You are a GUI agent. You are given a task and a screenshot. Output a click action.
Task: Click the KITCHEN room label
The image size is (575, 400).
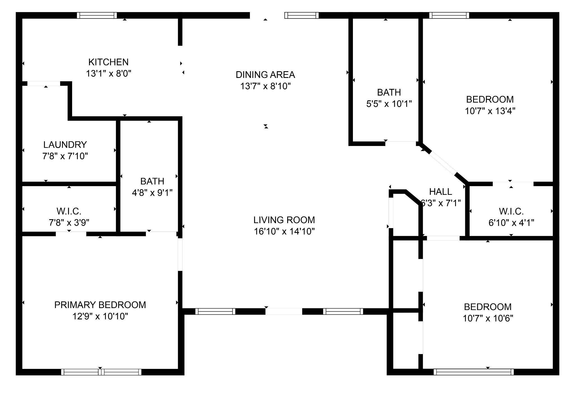(x=108, y=62)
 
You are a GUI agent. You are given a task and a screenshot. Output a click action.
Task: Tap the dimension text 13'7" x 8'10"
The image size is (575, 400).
(x=265, y=86)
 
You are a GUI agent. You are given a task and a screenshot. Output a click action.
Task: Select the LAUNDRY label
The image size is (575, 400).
(x=65, y=145)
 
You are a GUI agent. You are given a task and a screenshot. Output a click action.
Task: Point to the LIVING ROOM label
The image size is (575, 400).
(x=284, y=220)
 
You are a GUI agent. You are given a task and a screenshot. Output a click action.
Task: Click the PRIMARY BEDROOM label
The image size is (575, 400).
(x=100, y=305)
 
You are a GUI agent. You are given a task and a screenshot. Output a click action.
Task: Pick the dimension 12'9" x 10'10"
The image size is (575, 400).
(x=100, y=316)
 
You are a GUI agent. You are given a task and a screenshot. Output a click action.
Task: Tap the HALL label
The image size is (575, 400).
(x=441, y=192)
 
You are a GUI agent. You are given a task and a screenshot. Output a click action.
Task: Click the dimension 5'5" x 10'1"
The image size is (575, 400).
(x=389, y=104)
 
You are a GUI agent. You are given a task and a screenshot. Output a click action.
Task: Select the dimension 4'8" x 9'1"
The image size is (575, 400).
(x=152, y=193)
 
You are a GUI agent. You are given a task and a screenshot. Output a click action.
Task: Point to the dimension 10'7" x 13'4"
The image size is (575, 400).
(x=490, y=111)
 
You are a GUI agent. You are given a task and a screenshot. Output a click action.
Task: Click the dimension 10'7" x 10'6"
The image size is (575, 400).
(x=488, y=318)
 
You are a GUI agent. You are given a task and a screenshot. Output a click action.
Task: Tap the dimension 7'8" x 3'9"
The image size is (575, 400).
(x=69, y=223)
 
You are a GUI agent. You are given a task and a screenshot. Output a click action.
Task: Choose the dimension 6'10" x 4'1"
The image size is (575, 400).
(x=511, y=223)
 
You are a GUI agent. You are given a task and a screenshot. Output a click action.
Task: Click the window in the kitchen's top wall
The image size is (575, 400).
(x=97, y=15)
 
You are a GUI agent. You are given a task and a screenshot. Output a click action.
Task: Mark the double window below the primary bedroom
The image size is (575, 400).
(x=101, y=372)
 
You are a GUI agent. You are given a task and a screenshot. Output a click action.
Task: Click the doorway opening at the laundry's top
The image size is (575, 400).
(x=44, y=84)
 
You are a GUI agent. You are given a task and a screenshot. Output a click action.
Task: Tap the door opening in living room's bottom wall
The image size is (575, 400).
(x=284, y=311)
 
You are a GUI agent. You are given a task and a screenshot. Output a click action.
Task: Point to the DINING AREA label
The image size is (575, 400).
(x=265, y=75)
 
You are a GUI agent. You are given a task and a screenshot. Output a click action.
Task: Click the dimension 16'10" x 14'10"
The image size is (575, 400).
(x=284, y=231)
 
